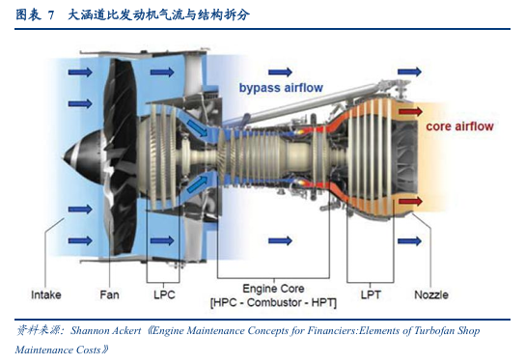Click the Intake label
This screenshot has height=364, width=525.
[46, 294]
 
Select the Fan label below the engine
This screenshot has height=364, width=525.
[109, 294]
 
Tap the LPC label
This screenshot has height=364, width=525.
[164, 294]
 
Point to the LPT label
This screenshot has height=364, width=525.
[371, 294]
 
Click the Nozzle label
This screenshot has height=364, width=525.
[431, 294]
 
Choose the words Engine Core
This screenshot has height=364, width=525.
[273, 289]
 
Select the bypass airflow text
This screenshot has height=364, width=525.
[281, 88]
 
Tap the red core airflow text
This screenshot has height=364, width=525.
[459, 126]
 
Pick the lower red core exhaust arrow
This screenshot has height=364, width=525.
[410, 201]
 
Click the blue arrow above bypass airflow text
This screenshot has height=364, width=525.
[280, 71]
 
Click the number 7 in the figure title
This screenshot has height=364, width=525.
[50, 15]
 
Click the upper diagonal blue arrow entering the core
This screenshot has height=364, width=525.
[198, 128]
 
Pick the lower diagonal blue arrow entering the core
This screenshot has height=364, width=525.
[198, 184]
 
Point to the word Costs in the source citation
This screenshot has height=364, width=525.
[89, 350]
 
